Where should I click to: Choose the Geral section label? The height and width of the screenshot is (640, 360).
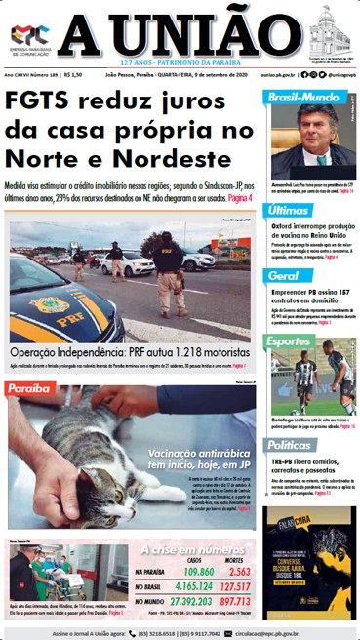tap(282, 276)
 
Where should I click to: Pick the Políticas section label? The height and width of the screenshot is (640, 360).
tap(291, 443)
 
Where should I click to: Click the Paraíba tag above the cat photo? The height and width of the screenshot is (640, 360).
tap(30, 389)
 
